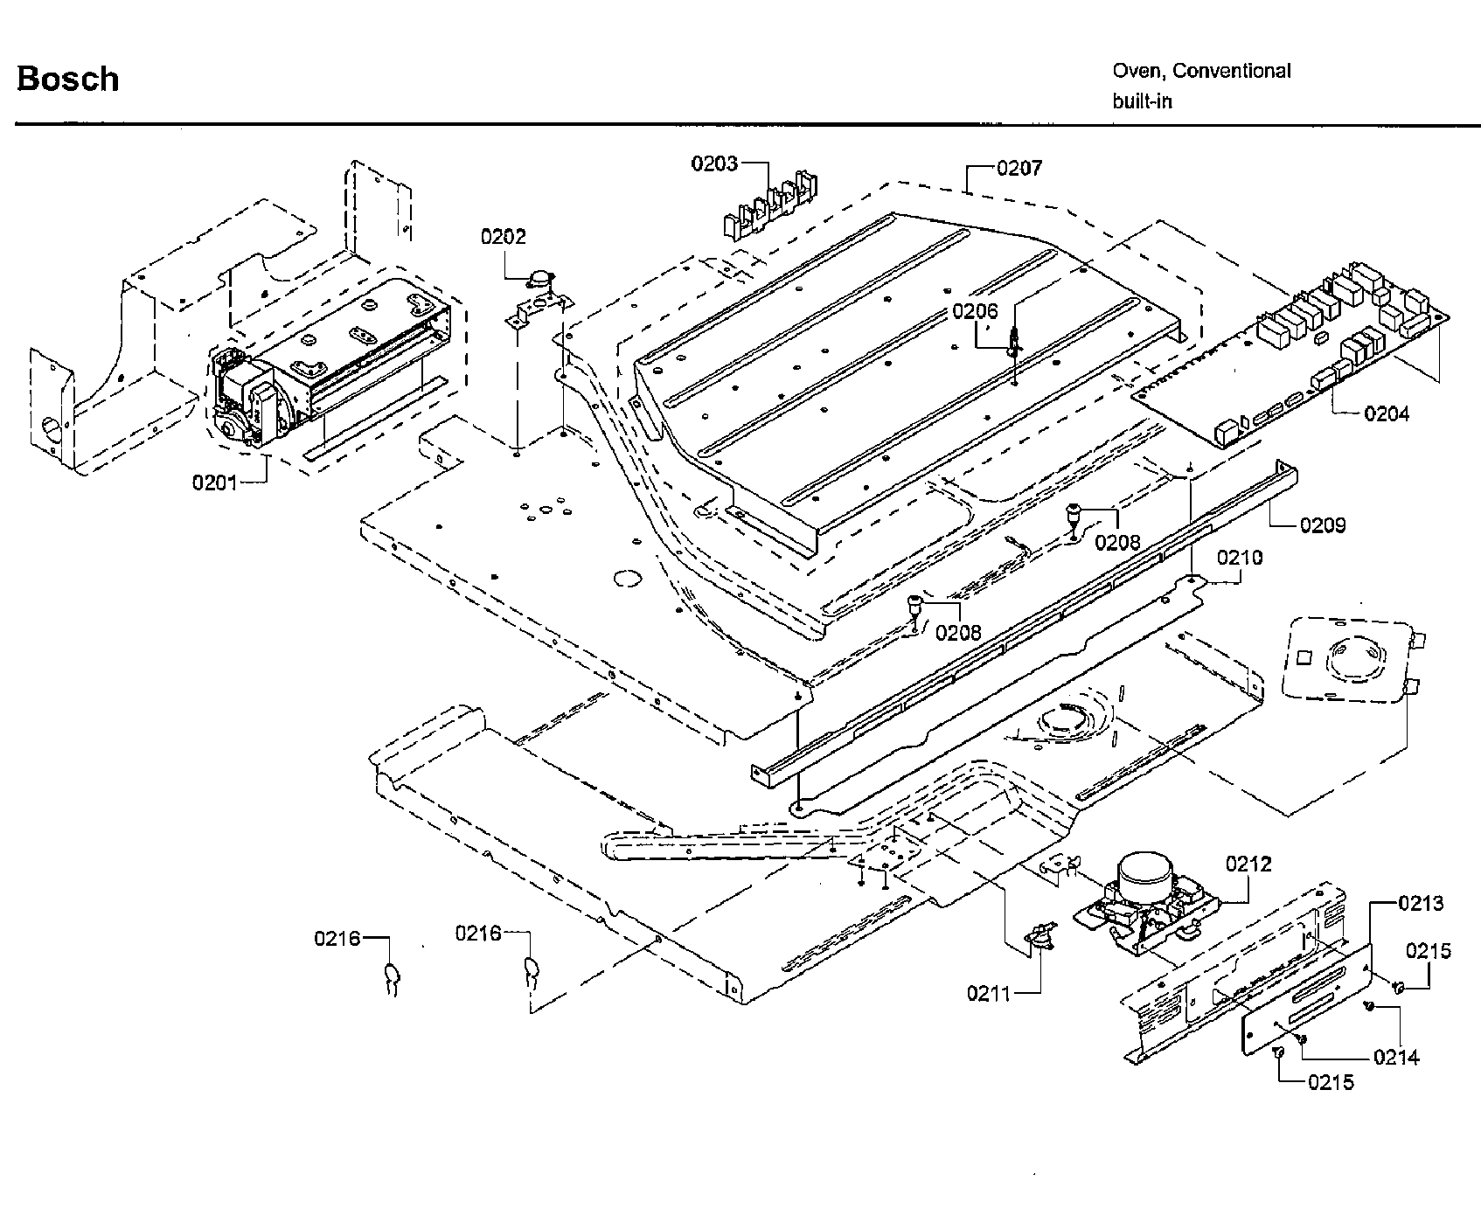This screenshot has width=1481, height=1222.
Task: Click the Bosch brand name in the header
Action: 67,80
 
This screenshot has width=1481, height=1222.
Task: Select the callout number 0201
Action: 215,482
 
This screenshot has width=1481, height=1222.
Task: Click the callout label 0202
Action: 503,237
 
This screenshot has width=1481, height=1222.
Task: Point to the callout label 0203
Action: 714,163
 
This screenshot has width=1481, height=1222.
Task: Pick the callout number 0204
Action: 1387,413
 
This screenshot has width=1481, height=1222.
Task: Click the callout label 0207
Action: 1019,167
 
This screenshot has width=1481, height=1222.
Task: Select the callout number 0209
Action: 1322,525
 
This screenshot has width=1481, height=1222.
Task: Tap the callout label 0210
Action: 1240,557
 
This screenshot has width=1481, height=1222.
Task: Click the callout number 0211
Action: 989,994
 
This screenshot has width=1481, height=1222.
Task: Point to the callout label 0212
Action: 1248,864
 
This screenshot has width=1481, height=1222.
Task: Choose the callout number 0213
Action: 1421,903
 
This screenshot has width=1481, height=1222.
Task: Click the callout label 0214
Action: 1396,1058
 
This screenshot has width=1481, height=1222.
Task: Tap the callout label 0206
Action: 975,311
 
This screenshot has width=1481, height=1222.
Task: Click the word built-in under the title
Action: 1142,101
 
